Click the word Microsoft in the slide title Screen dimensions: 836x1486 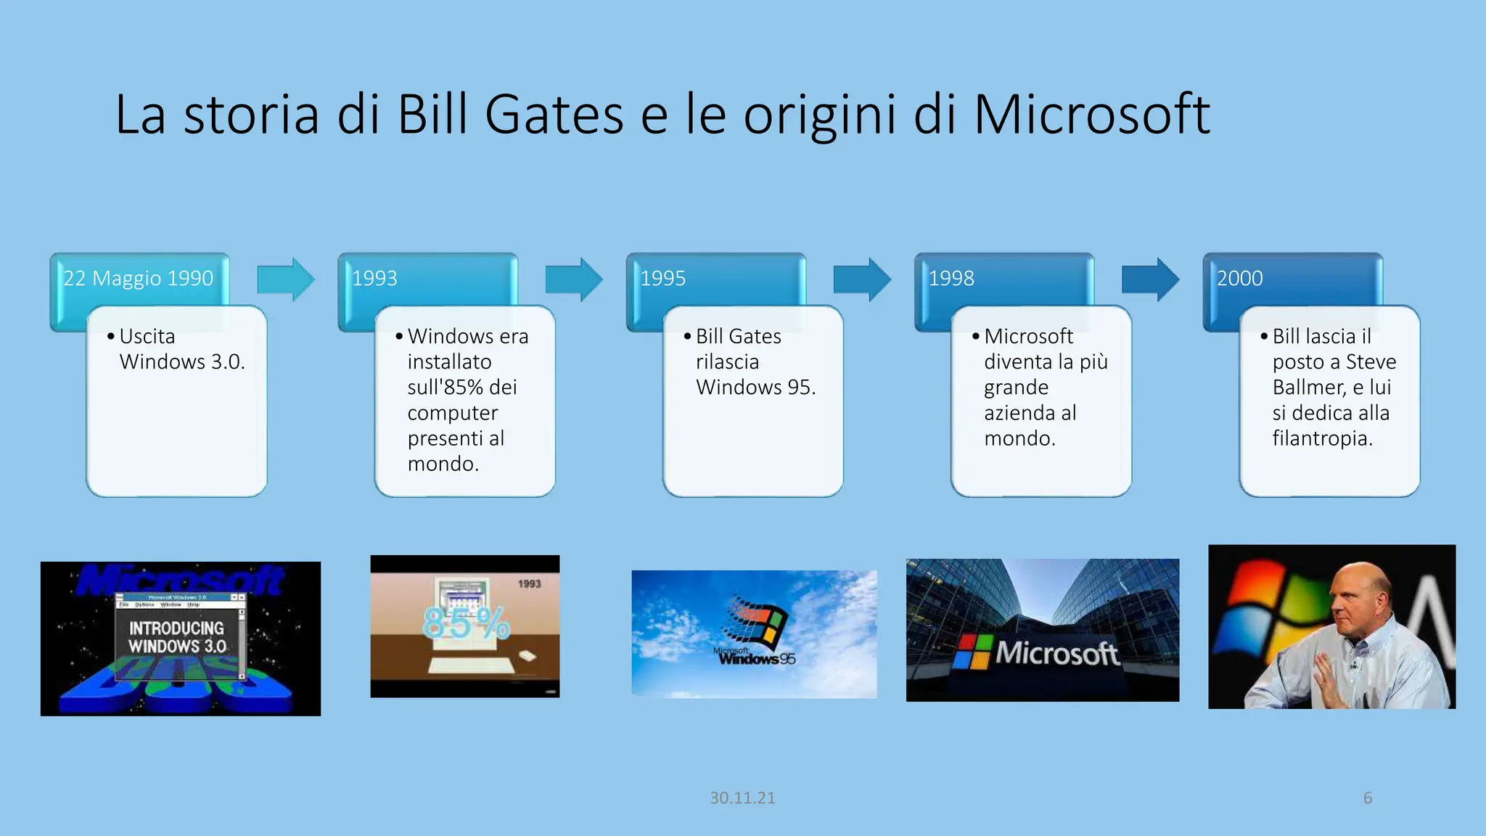(1091, 115)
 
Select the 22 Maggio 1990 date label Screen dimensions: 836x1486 (138, 278)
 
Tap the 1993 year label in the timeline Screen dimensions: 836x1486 (374, 278)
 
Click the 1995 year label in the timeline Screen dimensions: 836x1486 (662, 278)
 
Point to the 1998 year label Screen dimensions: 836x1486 (951, 278)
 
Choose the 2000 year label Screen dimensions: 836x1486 (1239, 278)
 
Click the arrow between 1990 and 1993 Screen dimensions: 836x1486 (286, 279)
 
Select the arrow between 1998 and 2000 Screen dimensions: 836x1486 (1150, 279)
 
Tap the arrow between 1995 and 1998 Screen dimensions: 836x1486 (862, 279)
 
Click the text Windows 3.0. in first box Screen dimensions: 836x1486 (182, 361)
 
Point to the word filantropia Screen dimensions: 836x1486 (1322, 438)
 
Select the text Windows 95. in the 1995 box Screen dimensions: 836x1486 (755, 387)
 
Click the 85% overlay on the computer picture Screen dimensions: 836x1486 (466, 623)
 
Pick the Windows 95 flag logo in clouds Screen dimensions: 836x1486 (758, 622)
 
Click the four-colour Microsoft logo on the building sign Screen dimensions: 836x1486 (971, 652)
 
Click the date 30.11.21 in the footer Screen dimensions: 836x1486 (742, 798)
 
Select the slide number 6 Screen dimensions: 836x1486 (1367, 798)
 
